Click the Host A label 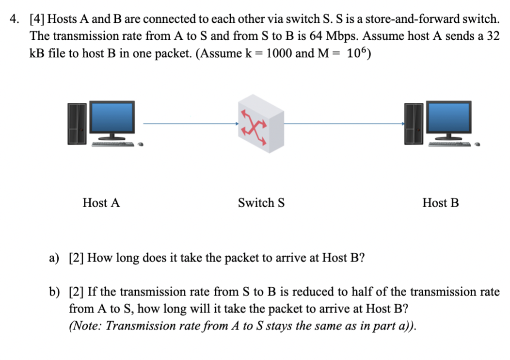[x=101, y=203]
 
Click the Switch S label [x=261, y=203]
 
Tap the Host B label [x=440, y=203]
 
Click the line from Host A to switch [x=189, y=123]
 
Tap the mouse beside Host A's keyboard [x=141, y=144]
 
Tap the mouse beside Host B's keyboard [x=478, y=144]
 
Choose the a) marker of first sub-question [x=54, y=258]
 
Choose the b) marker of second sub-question [x=54, y=292]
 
